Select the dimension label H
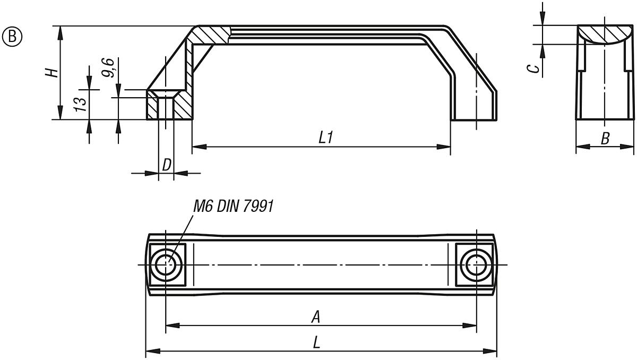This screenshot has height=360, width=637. [x=51, y=72]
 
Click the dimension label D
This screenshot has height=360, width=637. [x=166, y=165]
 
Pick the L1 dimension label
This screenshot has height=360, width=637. [x=325, y=138]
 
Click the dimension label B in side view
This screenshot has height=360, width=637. [x=605, y=139]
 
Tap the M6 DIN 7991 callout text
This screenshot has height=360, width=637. [x=234, y=207]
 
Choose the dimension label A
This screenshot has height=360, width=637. [x=315, y=317]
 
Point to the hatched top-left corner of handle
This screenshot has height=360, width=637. [x=210, y=35]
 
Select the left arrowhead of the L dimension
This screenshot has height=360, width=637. [x=151, y=350]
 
